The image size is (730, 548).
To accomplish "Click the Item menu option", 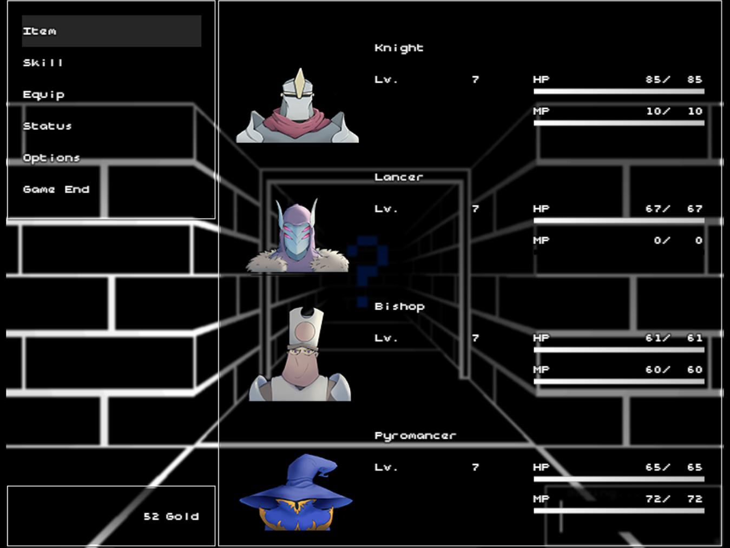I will click(x=40, y=31).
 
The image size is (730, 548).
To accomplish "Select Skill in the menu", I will click(x=43, y=63).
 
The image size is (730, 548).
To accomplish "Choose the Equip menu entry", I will click(x=43, y=95).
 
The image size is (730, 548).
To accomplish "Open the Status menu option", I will click(x=47, y=126).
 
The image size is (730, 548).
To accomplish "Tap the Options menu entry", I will click(x=51, y=158).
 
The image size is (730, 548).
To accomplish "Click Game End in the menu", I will click(x=56, y=189).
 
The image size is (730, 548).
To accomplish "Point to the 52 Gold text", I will click(x=171, y=517).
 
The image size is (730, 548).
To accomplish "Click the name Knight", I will click(x=399, y=48).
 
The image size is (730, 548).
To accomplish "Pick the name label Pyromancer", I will click(x=415, y=435).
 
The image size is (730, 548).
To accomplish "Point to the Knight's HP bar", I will click(x=619, y=91).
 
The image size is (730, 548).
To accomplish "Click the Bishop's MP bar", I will click(x=619, y=381).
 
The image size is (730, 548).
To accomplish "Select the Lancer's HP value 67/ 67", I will click(x=674, y=209).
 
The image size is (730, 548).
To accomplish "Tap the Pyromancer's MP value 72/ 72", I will click(x=674, y=499).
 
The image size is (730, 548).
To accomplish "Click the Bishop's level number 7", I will click(x=475, y=338).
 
